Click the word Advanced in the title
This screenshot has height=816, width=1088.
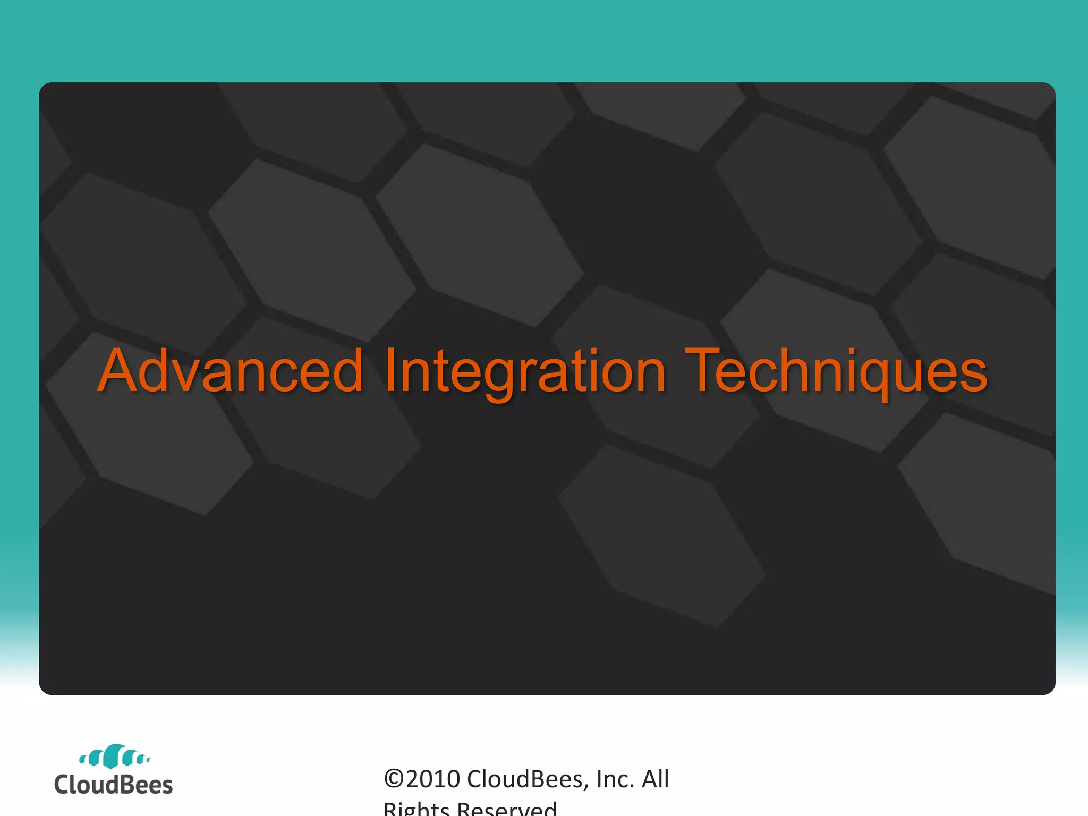click(230, 370)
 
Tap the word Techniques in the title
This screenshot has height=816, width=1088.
click(836, 370)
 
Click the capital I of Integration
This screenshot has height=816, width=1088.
click(390, 370)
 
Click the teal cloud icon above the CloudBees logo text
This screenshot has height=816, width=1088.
click(114, 756)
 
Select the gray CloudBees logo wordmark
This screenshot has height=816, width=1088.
click(113, 785)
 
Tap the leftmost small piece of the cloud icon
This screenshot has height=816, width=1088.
click(82, 760)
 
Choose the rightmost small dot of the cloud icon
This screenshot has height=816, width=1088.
click(148, 760)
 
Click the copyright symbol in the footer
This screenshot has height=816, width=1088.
click(394, 779)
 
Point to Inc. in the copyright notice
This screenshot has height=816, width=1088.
click(615, 779)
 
